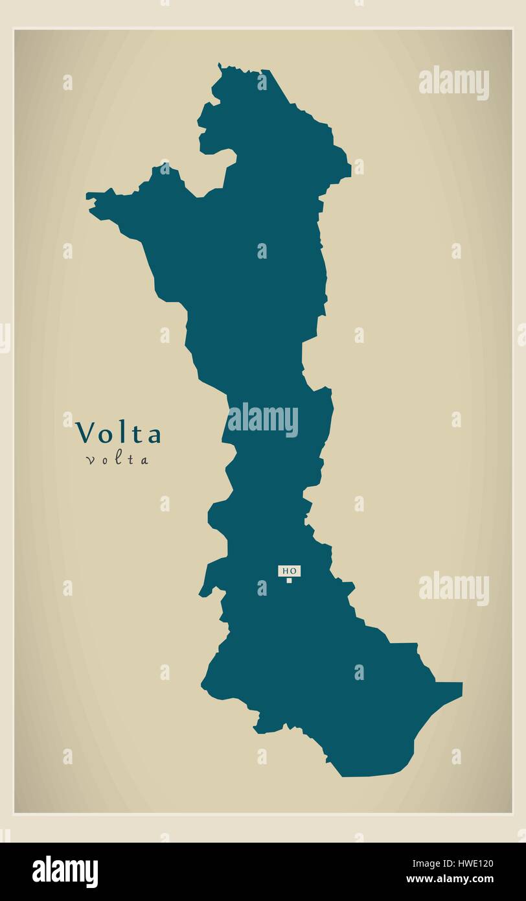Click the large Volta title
coord(118,434)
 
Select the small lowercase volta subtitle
coord(117,460)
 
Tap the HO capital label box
coord(289,570)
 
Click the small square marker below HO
coord(290,580)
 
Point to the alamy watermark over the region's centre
coord(262,420)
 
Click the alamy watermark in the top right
coord(453,82)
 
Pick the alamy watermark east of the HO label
coord(453,588)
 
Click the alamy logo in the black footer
coord(65,872)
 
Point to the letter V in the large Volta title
coord(85,434)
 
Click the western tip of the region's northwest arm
coord(88,194)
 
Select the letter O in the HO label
coord(293,570)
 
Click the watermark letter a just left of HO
coord(262,588)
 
